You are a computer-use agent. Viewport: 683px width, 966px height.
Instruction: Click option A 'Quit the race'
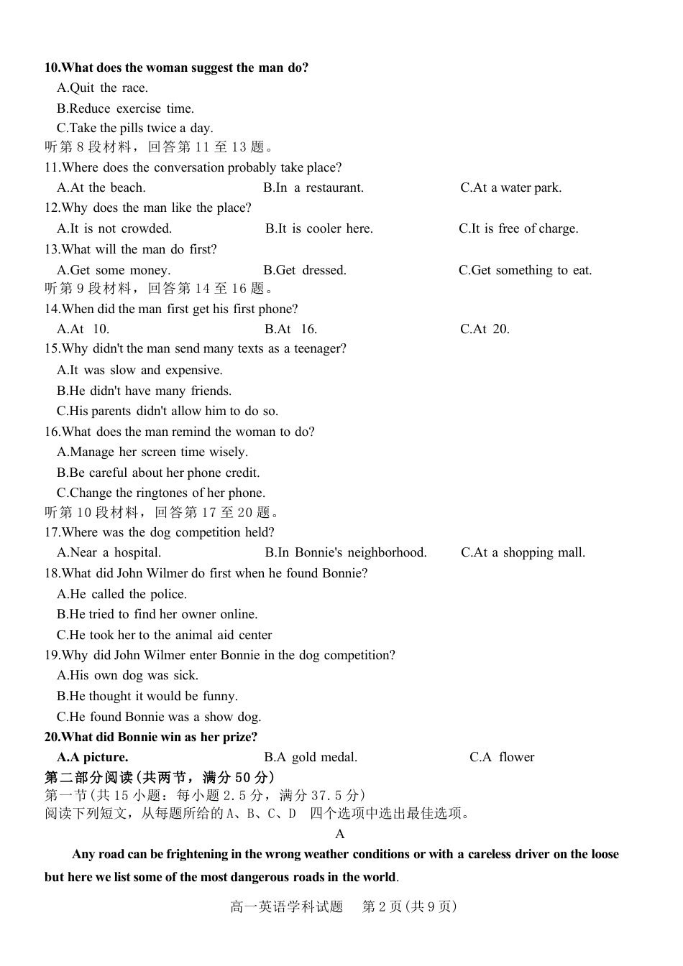pos(102,88)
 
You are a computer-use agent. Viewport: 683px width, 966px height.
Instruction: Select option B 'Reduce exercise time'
pos(125,108)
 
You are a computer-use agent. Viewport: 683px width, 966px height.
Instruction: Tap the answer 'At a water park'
pos(511,187)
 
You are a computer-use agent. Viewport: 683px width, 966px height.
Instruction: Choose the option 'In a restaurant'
pos(313,187)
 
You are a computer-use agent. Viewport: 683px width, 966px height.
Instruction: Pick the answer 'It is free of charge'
pos(518,228)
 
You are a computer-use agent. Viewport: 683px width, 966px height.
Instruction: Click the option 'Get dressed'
pos(305,270)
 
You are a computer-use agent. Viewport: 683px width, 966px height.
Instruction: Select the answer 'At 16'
pos(290,329)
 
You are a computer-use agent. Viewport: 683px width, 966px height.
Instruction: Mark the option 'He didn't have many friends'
pos(144,391)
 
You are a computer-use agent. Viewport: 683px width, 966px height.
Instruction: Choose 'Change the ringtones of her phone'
pos(161,493)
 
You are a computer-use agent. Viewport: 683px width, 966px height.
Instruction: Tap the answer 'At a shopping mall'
pos(523,552)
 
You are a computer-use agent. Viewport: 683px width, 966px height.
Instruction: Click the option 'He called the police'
pos(122,594)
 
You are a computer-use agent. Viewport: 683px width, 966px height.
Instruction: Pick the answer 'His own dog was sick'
pos(127,675)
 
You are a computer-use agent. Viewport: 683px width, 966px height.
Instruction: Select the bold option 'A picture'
pos(93,757)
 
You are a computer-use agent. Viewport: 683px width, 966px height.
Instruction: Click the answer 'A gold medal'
pos(311,757)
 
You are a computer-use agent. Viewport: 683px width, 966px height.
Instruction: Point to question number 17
pos(52,532)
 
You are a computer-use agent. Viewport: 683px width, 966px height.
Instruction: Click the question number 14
pos(52,309)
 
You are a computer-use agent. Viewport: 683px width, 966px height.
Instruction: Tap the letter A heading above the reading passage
pos(340,834)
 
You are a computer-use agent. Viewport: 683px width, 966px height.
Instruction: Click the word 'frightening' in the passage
pos(197,854)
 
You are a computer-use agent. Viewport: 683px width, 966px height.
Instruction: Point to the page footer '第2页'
pos(382,906)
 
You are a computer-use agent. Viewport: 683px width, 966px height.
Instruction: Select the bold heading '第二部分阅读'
pos(89,777)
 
